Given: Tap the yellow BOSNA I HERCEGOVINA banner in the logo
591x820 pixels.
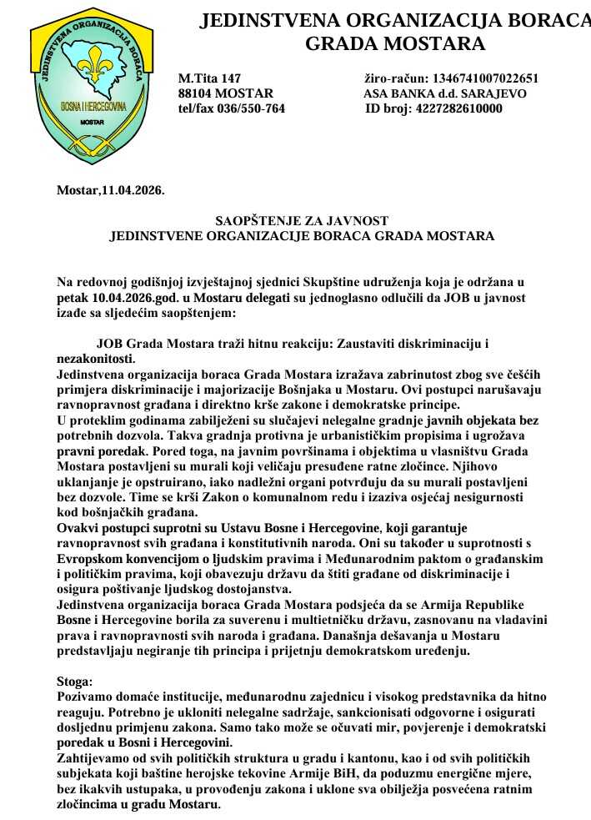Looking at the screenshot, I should (93, 106).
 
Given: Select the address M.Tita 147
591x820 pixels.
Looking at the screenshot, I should (209, 78).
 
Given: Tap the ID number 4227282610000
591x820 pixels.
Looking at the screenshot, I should (459, 108).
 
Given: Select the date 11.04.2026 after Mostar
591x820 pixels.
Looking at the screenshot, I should (133, 191).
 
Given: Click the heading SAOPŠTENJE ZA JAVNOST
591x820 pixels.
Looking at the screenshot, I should (302, 221).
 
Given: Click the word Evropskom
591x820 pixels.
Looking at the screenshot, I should (92, 558).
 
